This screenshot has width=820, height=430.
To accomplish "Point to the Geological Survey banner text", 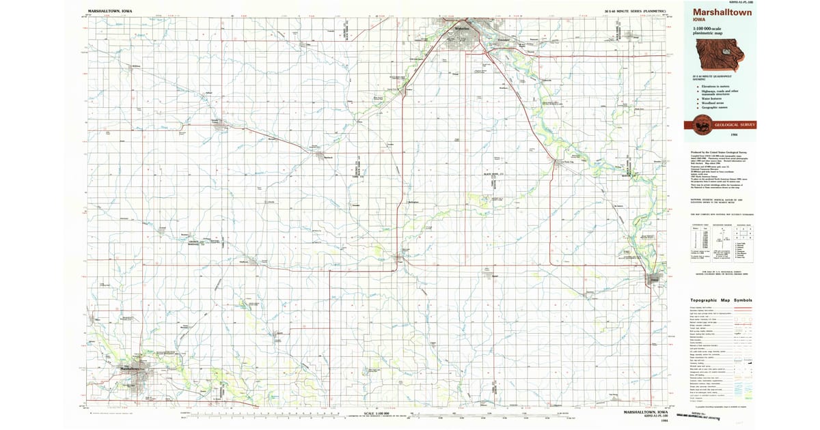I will click(733, 126).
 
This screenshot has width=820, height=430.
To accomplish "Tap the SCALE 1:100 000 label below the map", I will click(377, 413).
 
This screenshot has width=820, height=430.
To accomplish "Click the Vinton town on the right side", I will click(654, 279).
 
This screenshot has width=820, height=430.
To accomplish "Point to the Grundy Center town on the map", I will click(217, 123).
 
